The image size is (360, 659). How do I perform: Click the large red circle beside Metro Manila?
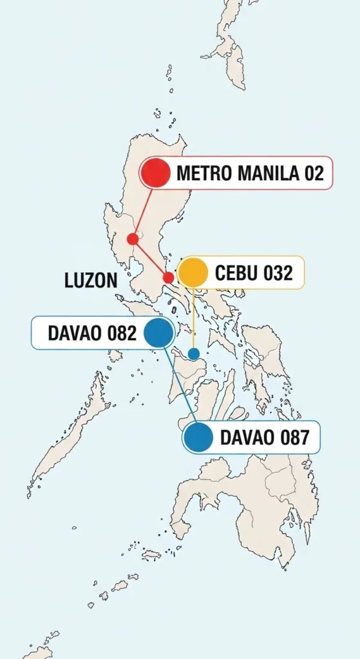tap(155, 172)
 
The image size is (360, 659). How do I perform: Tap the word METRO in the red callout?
tap(196, 173)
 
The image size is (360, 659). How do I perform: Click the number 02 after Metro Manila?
tap(312, 173)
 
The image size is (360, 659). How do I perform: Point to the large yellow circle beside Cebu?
tap(193, 273)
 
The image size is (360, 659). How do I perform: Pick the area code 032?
tap(278, 274)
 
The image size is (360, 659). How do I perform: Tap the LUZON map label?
tap(91, 281)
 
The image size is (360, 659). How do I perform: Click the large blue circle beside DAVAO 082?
tap(158, 333)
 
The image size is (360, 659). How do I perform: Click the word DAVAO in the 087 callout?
tap(246, 438)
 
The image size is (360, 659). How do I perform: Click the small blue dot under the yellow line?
tap(194, 354)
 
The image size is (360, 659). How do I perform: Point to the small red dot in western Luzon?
tap(133, 239)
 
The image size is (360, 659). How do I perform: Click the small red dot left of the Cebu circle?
tap(168, 277)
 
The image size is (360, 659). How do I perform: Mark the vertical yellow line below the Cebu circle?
tap(193, 318)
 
